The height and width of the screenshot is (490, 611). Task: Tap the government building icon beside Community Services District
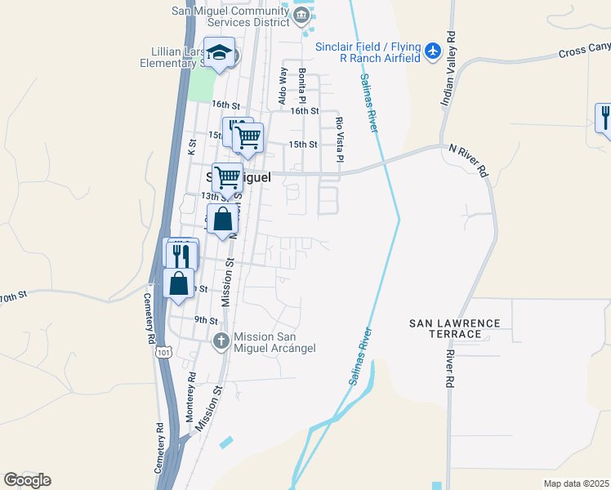pos(302,15)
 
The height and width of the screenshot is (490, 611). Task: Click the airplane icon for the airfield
pos(433,53)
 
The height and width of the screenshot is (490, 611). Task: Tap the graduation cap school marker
pos(219,54)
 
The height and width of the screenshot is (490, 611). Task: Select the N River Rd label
pos(470,161)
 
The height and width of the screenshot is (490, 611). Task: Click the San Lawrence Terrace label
pos(454,328)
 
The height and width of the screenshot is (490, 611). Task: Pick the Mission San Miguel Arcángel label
pos(274,342)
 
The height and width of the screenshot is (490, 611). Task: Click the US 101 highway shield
pos(163,353)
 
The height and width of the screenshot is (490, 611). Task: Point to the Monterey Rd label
pos(191,397)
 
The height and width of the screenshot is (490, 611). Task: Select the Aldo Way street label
pos(283,85)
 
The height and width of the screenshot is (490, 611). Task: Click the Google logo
pos(27,480)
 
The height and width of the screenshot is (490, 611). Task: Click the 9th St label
pos(206,321)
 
